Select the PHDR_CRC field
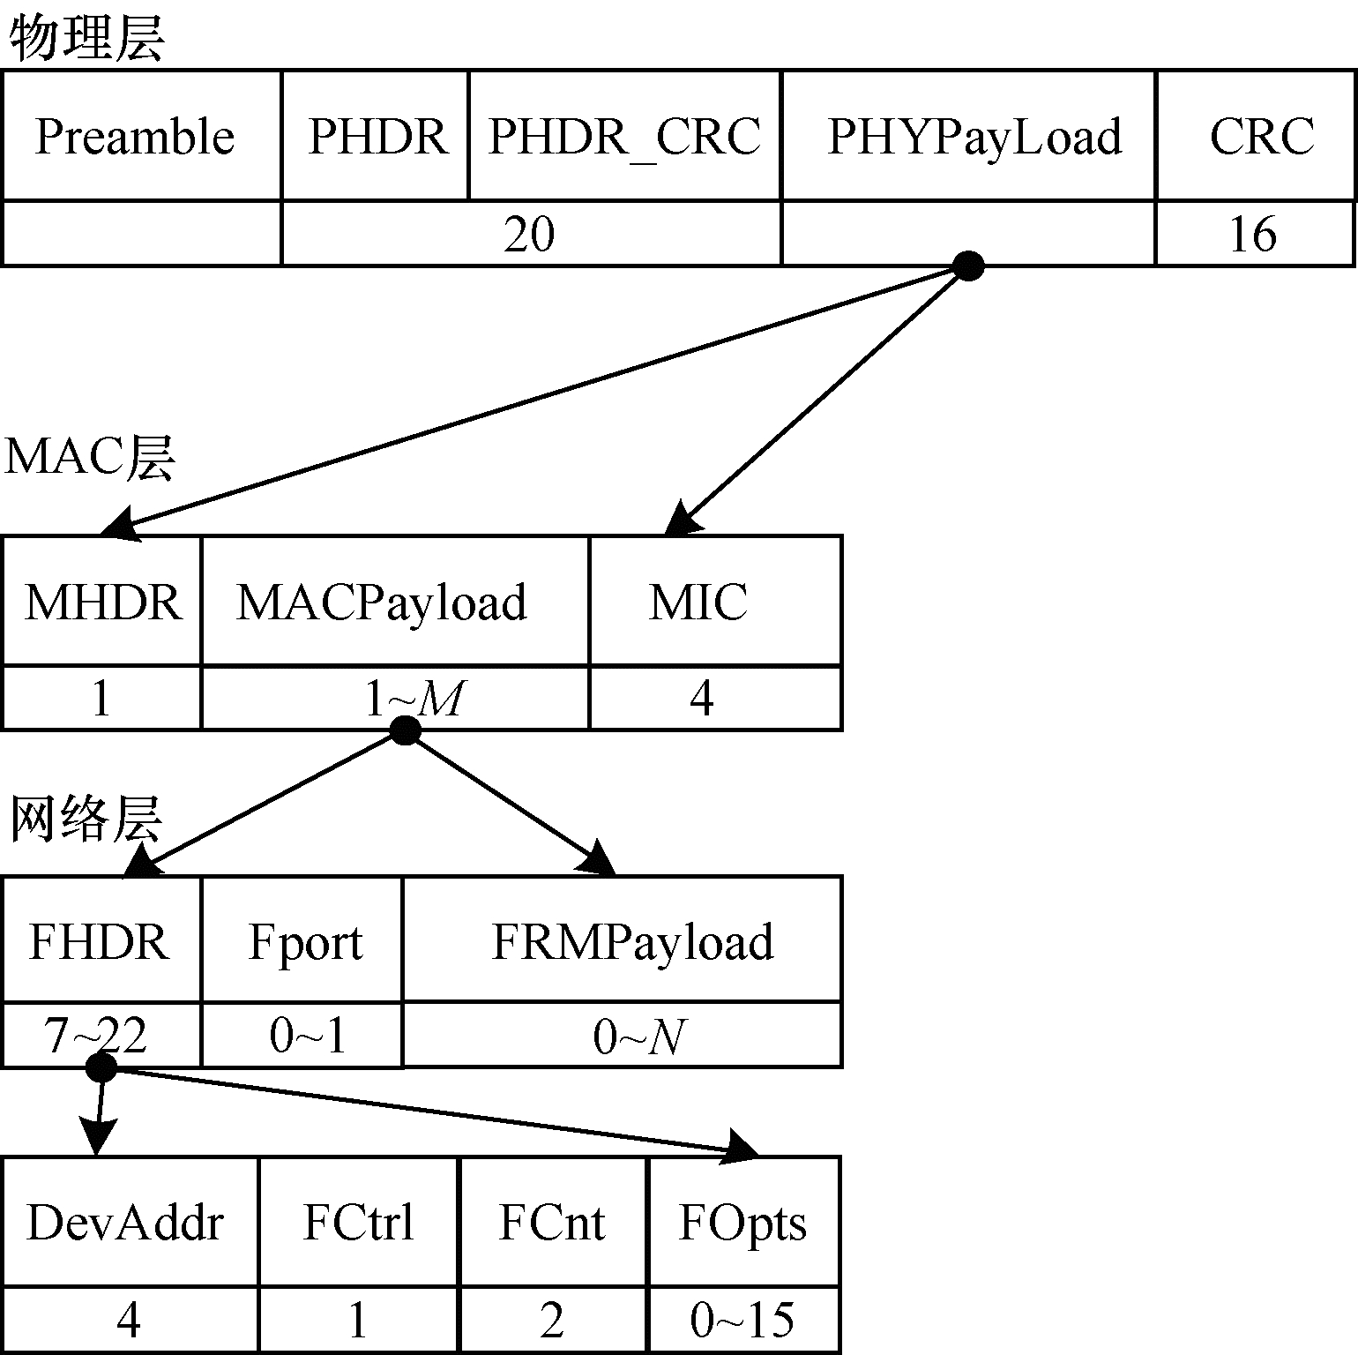click(624, 137)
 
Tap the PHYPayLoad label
click(974, 137)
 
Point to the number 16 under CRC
click(1252, 235)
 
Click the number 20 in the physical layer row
click(529, 235)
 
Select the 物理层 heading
click(86, 40)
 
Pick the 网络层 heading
click(86, 820)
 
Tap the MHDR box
click(102, 602)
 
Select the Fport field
click(302, 940)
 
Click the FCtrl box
click(358, 1223)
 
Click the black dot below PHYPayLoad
click(968, 266)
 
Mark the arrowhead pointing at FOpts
click(742, 1147)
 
